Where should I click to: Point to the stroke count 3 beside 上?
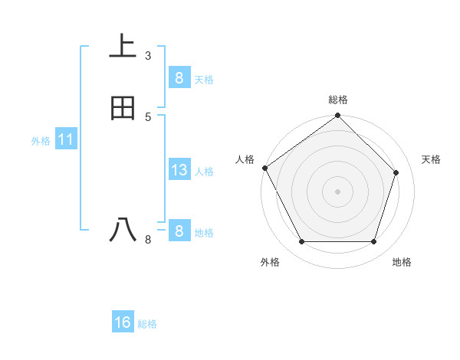click(148, 55)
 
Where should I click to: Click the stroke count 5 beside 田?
click(148, 116)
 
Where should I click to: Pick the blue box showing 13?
click(179, 170)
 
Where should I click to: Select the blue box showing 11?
click(65, 140)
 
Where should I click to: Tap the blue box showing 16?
click(123, 322)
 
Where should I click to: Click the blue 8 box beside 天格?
click(179, 77)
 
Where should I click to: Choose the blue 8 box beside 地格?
click(179, 231)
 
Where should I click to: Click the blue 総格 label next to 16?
click(147, 324)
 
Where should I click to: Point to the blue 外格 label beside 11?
click(41, 141)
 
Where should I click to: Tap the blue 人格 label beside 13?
click(205, 172)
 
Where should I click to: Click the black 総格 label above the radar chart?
click(338, 100)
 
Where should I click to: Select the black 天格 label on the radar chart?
click(432, 159)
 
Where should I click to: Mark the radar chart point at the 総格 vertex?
click(338, 116)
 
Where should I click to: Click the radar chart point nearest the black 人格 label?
click(265, 168)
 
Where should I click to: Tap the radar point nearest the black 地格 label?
click(373, 242)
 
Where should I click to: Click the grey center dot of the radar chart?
click(338, 191)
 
